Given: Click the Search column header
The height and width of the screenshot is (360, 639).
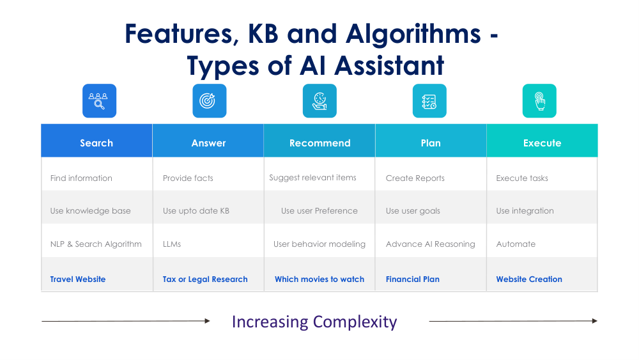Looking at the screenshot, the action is click(96, 141).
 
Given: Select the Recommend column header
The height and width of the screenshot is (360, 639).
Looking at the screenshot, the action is click(319, 141).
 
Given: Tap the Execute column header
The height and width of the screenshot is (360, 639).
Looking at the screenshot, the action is click(542, 141).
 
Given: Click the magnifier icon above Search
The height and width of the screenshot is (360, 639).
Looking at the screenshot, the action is click(100, 100).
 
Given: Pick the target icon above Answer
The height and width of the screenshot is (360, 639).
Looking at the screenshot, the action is click(210, 100).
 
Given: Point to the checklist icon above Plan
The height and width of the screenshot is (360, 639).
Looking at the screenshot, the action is click(429, 100).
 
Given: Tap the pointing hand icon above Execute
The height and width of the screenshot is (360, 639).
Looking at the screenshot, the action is click(539, 100).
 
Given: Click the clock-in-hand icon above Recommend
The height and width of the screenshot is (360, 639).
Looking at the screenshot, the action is click(319, 100).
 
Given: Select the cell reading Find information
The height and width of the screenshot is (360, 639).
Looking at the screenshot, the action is click(81, 178).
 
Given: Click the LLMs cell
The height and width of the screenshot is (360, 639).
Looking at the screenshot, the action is click(171, 244).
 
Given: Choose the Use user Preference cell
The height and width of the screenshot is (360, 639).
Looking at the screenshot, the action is click(319, 211).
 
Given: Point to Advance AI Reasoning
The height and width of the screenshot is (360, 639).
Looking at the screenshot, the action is click(430, 244).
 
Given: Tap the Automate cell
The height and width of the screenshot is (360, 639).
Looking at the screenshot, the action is click(516, 244).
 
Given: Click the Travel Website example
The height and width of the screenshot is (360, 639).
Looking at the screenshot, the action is click(78, 279).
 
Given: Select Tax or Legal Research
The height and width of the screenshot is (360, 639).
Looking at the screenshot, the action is click(205, 279).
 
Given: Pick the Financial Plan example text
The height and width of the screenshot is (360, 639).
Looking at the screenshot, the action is click(412, 279).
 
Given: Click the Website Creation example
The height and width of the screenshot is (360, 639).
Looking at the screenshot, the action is click(529, 279).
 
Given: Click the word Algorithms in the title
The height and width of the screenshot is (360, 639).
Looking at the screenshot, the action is click(413, 33).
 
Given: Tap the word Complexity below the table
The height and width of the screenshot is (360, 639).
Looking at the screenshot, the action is click(355, 322).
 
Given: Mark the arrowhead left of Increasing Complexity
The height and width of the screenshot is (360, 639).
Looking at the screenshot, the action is click(208, 321).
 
